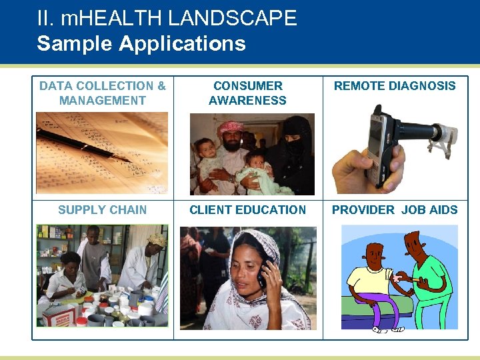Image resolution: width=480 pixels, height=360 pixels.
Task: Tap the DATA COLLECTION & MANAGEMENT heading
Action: click(x=102, y=93)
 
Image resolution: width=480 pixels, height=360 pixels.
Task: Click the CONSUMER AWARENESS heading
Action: click(x=247, y=93)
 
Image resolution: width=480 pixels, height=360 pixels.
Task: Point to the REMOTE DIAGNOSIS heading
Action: click(x=395, y=86)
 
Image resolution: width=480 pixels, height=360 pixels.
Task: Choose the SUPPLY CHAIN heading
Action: click(x=102, y=210)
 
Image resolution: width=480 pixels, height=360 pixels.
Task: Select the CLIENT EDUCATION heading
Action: click(x=247, y=210)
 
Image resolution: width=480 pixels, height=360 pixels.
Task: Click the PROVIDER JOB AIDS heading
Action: click(x=395, y=210)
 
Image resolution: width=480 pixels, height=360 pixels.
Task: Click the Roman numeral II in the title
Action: click(x=45, y=18)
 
